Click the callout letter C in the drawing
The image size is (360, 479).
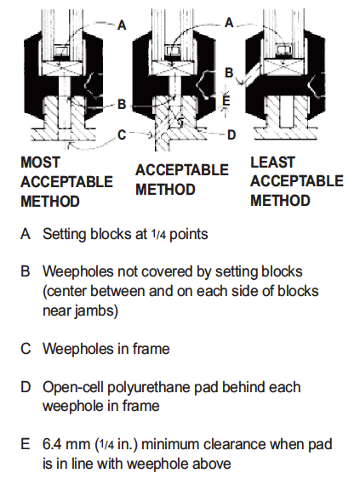coord(122,134)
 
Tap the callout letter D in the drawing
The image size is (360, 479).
coord(231,134)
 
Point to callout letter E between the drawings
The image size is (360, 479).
coord(226,100)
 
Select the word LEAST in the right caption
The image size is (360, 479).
coord(272,162)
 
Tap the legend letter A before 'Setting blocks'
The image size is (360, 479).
coord(26,232)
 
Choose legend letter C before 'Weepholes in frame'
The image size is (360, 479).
coord(26,348)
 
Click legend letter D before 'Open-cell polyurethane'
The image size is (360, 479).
coord(26,387)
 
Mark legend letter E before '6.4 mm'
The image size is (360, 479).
coord(26,444)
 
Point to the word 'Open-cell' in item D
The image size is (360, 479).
coord(73,387)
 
